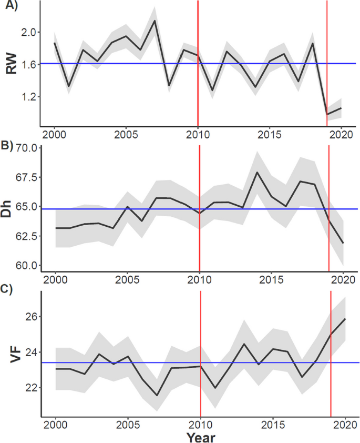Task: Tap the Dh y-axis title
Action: click(x=13, y=209)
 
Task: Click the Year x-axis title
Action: click(x=200, y=436)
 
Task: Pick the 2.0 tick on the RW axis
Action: click(x=27, y=32)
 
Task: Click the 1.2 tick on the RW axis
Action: click(x=27, y=97)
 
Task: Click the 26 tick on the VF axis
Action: click(x=29, y=317)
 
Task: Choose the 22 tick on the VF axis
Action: click(x=29, y=388)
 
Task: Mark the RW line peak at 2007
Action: click(x=155, y=21)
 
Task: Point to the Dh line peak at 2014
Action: click(x=257, y=172)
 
